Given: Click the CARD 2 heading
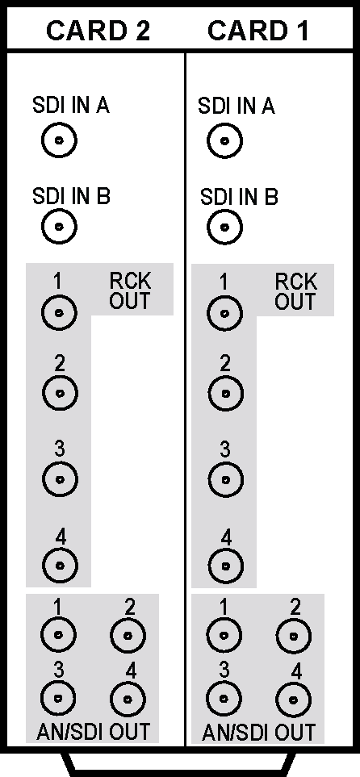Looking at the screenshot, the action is tap(98, 31).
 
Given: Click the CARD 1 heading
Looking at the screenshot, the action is tap(257, 31).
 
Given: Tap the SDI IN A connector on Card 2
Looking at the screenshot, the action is tap(60, 140).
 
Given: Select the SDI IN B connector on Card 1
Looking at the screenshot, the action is tap(224, 228).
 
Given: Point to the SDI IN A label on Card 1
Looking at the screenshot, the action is tap(236, 106).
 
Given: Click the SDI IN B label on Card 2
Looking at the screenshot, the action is tap(71, 196).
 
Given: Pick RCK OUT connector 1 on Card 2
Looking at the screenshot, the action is tap(60, 313).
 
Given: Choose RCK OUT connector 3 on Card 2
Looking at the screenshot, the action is tap(60, 480).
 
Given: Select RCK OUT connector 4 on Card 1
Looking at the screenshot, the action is tap(226, 566).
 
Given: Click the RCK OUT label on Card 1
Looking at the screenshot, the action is tap(295, 291).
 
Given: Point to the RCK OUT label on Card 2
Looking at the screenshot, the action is tap(130, 290).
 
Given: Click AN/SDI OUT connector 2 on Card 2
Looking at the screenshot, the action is tap(128, 635).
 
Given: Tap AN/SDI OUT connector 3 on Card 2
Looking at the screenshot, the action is tap(58, 698).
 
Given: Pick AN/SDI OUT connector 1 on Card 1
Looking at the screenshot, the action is tap(224, 635).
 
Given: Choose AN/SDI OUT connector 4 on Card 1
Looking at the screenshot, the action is tap(294, 700).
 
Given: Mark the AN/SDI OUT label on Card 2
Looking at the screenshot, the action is tap(93, 731).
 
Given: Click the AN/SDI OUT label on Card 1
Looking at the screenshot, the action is tap(258, 733).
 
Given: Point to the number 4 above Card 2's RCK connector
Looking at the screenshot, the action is tap(61, 537).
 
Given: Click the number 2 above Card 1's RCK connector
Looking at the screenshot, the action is tap(225, 365).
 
